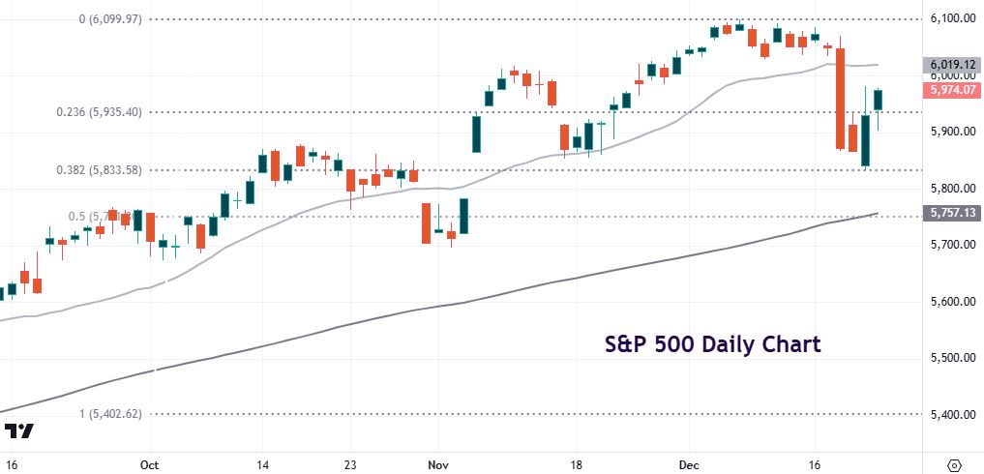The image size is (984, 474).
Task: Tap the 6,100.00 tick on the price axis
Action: click(949, 18)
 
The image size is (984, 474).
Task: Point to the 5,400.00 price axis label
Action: click(949, 415)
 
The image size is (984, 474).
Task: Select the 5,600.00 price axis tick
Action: click(949, 302)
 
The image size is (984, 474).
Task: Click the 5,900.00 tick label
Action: click(949, 132)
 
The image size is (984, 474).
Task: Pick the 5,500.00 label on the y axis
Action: click(949, 358)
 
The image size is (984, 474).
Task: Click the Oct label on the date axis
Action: click(149, 463)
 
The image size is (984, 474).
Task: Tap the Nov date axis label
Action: click(438, 463)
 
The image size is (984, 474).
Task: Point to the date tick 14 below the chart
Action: click(262, 463)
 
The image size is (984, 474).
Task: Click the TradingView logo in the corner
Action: click(19, 431)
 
